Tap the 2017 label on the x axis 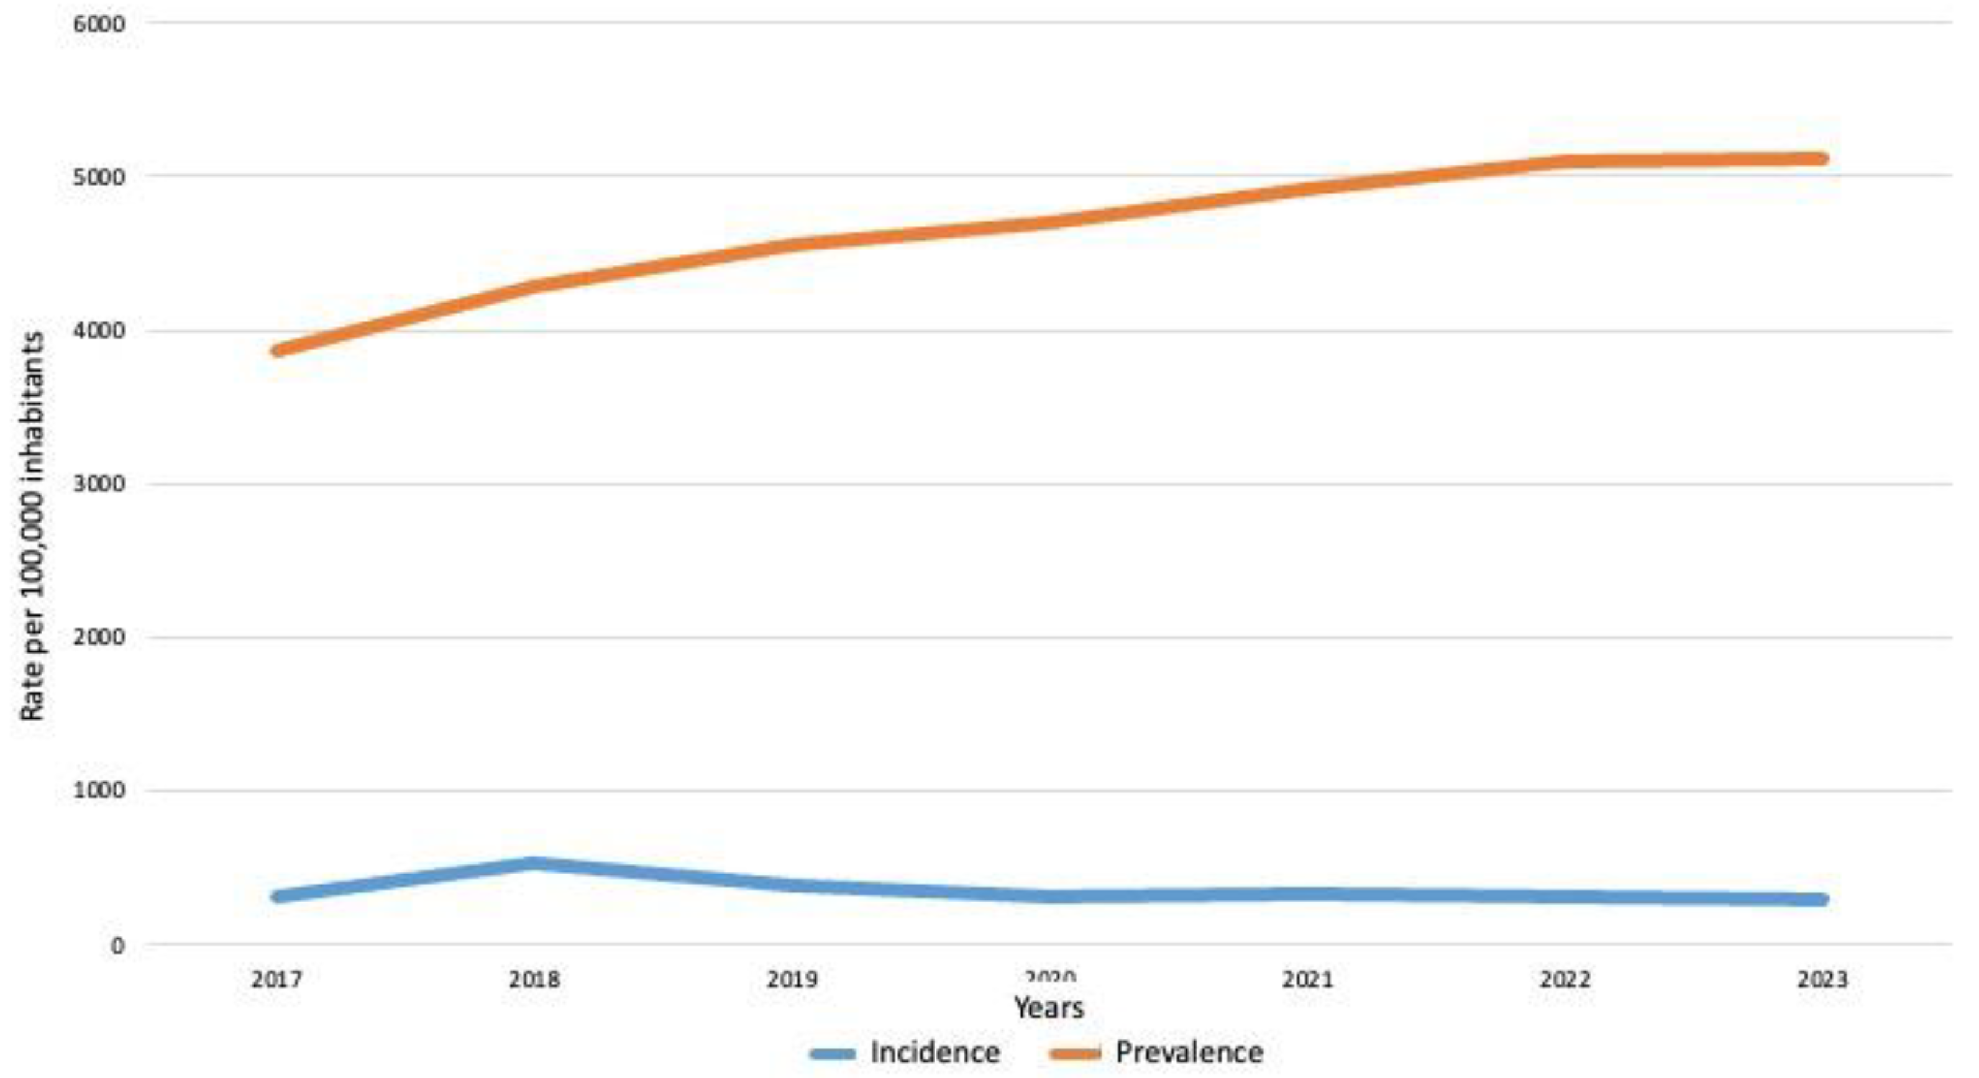[x=277, y=980]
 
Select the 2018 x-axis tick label [x=535, y=980]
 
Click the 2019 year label [x=792, y=980]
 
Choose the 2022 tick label [x=1565, y=980]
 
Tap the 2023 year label [x=1822, y=980]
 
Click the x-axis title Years [x=1049, y=1007]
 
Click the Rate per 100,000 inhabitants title [x=32, y=526]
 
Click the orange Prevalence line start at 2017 [x=278, y=350]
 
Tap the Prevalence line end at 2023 [x=1821, y=159]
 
